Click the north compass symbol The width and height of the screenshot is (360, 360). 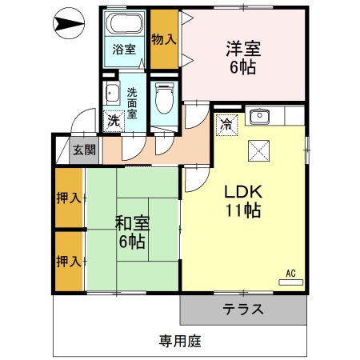68,26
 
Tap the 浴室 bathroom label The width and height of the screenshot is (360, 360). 123,49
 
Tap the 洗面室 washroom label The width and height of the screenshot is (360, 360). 132,102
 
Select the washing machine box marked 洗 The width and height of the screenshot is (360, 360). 114,121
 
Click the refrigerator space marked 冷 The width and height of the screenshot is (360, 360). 226,124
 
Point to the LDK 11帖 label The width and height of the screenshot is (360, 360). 243,202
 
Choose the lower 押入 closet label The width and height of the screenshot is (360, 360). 69,261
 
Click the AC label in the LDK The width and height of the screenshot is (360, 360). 291,274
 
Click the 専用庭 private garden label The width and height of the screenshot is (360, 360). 179,341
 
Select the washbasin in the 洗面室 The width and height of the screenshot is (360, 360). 112,91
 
